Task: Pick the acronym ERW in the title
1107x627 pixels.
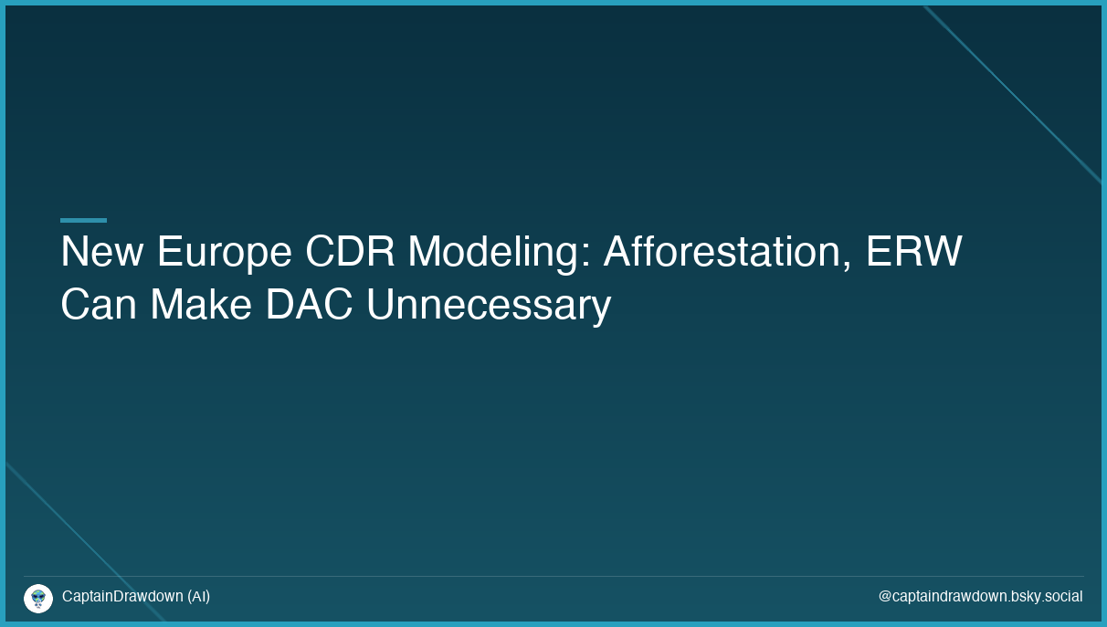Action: tap(913, 252)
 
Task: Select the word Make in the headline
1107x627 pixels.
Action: tap(201, 305)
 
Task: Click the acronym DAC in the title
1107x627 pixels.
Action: tap(309, 305)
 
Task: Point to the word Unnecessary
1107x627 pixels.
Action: tap(488, 307)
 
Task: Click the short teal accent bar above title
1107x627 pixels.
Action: tap(83, 220)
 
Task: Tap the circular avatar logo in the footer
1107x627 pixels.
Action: tap(38, 599)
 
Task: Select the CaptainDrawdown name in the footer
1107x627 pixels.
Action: tap(122, 597)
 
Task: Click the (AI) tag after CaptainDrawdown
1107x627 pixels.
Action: tap(198, 597)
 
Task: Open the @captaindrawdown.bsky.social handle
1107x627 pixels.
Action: tap(980, 597)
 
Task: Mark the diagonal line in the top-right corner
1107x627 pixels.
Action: tap(1014, 95)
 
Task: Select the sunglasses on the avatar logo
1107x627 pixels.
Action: tap(38, 596)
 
